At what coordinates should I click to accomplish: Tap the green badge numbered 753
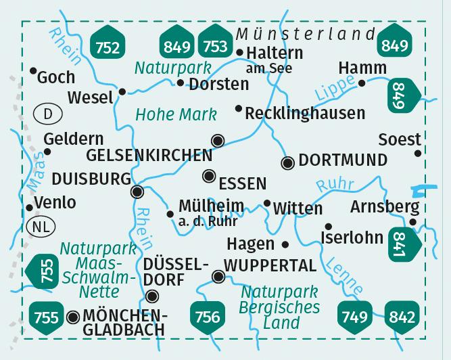click(214, 46)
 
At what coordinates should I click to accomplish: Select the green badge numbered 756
click(207, 315)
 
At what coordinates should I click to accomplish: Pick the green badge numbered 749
click(355, 315)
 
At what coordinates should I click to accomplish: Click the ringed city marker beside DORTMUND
click(287, 162)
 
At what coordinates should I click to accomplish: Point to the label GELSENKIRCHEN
click(149, 155)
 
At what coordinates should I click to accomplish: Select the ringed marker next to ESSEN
click(210, 177)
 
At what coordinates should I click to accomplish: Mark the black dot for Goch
click(33, 70)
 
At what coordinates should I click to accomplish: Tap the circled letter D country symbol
click(47, 114)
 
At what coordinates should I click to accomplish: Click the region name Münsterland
click(306, 35)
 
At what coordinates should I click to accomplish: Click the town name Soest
click(400, 139)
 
